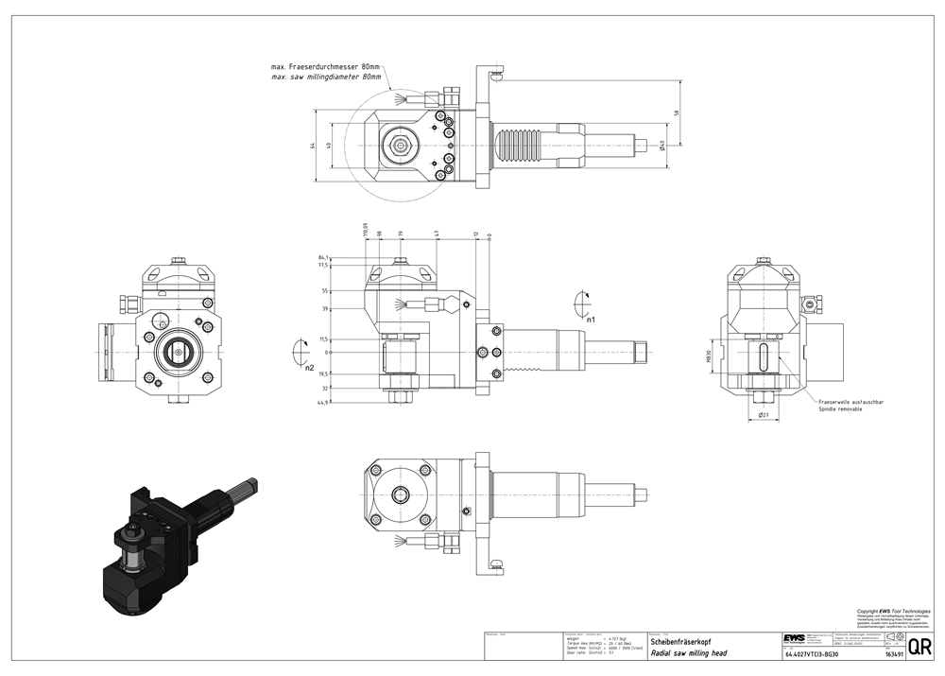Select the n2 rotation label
coord(309,367)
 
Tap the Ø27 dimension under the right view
coord(763,414)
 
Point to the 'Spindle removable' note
coord(840,408)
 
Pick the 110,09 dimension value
coord(365,229)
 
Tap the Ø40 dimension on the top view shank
coord(662,145)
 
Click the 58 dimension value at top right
coord(677,113)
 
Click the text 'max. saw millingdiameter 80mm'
coord(326,77)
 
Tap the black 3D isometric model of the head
coord(161,548)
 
